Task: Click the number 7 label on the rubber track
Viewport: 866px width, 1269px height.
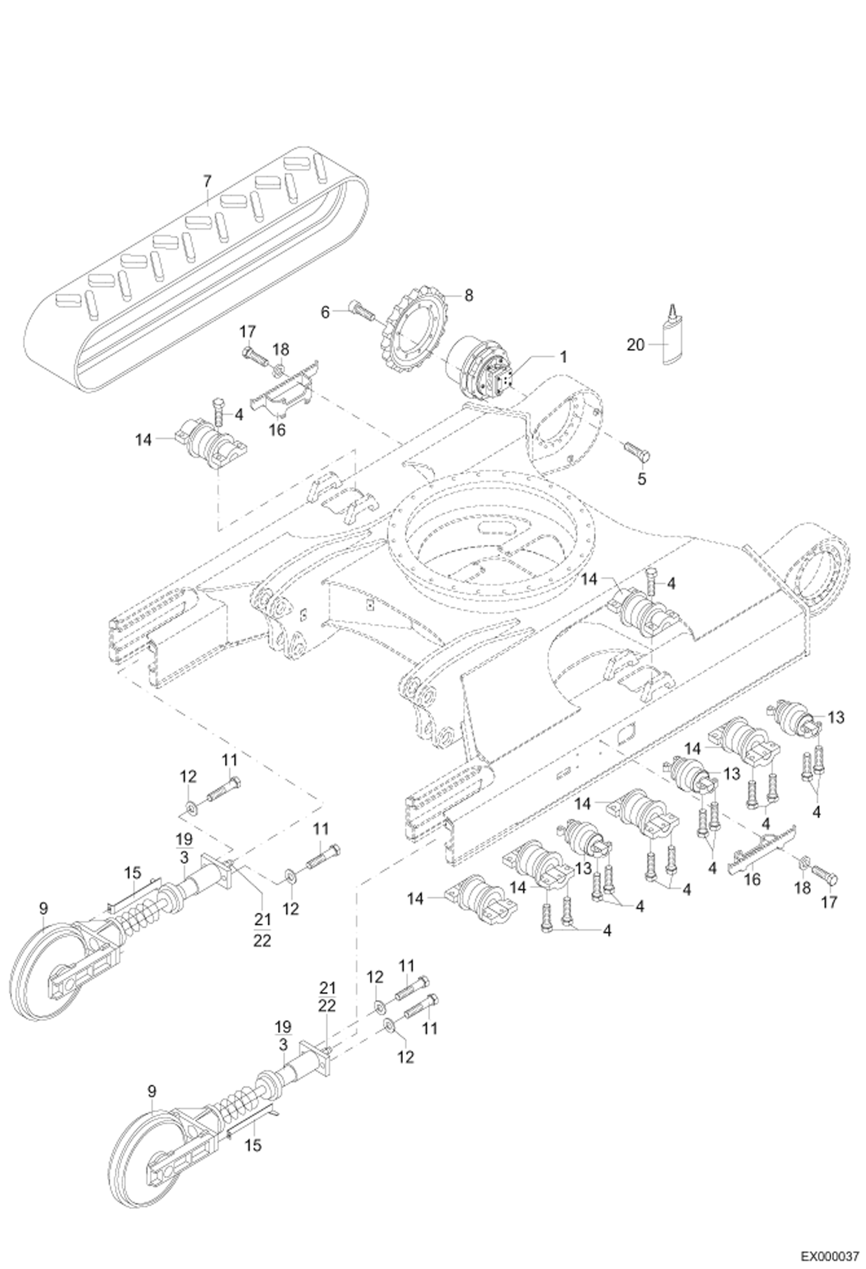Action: click(x=207, y=181)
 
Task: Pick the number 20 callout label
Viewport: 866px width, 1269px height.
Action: click(x=635, y=345)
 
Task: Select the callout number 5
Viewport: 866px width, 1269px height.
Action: click(x=642, y=479)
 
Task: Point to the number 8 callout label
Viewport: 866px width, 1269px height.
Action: click(x=469, y=296)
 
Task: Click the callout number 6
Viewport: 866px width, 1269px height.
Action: click(x=325, y=312)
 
